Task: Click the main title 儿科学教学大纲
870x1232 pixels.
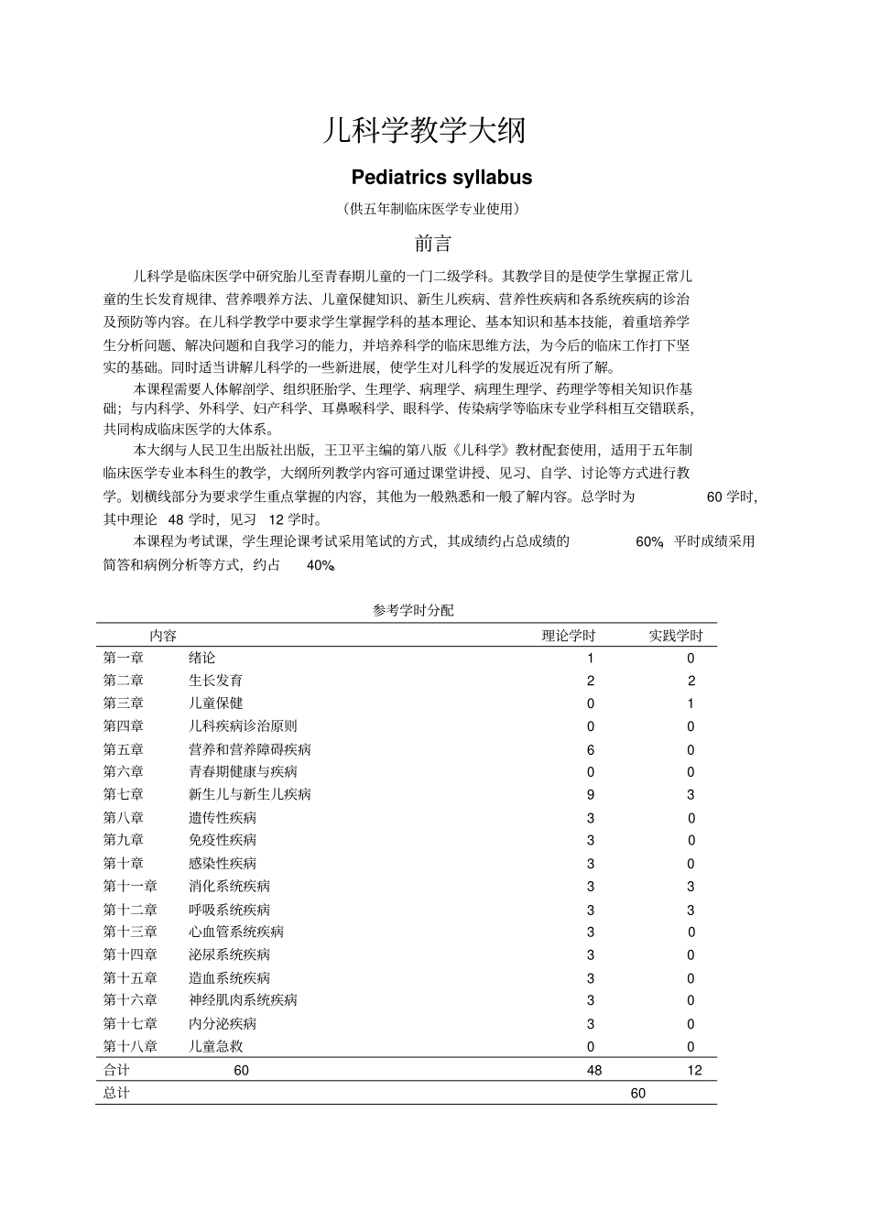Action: point(425,130)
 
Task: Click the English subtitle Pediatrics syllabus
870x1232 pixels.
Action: point(441,177)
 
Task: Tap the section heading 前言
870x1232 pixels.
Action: point(433,244)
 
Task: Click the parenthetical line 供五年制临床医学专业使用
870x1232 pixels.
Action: point(432,209)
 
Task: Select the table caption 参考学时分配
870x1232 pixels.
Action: point(413,610)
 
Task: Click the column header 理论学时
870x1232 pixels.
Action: point(569,636)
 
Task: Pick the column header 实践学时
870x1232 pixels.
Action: point(676,636)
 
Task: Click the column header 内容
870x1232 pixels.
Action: point(163,636)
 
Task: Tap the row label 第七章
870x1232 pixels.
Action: point(124,794)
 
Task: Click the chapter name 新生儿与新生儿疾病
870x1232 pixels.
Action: point(250,794)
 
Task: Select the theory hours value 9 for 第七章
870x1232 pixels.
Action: point(591,795)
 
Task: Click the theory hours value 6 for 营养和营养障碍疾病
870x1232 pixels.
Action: point(591,749)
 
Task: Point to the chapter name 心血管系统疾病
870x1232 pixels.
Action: point(236,932)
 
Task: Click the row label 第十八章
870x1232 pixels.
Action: point(130,1046)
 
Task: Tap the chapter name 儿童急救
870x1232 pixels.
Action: point(216,1046)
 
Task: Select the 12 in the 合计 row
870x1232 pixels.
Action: point(694,1070)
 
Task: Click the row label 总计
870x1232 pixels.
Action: point(116,1093)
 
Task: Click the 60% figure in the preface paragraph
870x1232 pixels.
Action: point(649,541)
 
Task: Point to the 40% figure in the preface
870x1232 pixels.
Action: point(321,565)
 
